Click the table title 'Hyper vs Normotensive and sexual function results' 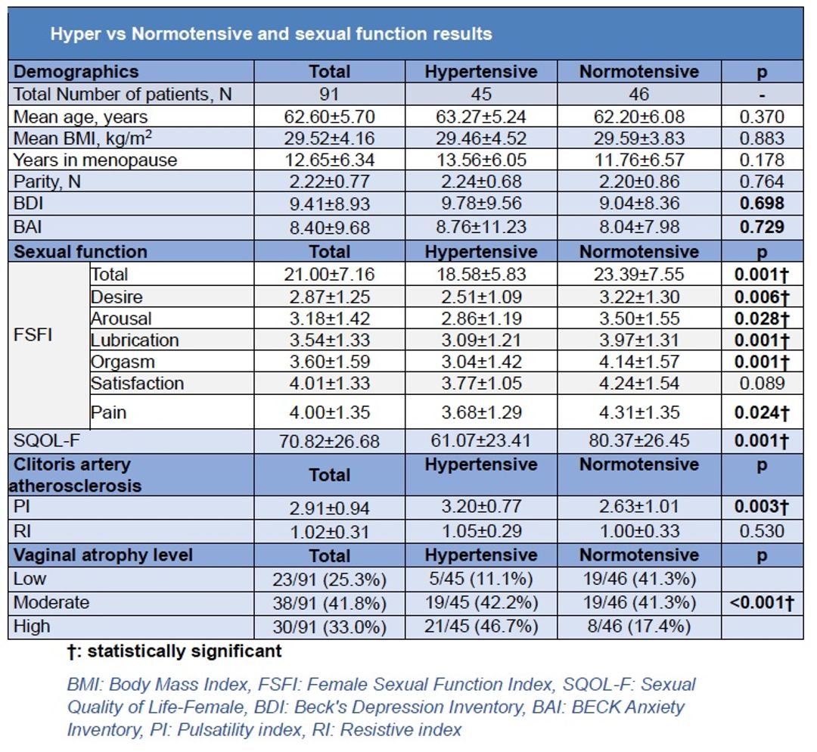pyautogui.click(x=271, y=34)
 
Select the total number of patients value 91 pyautogui.click(x=329, y=95)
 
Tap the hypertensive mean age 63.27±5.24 pyautogui.click(x=481, y=117)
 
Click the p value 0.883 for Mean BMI pyautogui.click(x=762, y=138)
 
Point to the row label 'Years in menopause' pyautogui.click(x=95, y=160)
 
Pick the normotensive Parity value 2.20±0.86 pyautogui.click(x=639, y=182)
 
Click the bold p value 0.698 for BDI pyautogui.click(x=762, y=204)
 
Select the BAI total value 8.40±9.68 pyautogui.click(x=329, y=228)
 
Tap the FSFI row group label pyautogui.click(x=33, y=334)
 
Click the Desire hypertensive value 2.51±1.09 pyautogui.click(x=481, y=297)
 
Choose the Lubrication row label pyautogui.click(x=135, y=340)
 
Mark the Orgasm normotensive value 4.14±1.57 pyautogui.click(x=639, y=362)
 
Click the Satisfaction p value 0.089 pyautogui.click(x=762, y=384)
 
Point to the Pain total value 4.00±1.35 pyautogui.click(x=329, y=412)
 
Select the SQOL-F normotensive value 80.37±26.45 pyautogui.click(x=639, y=441)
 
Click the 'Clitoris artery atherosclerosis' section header pyautogui.click(x=76, y=475)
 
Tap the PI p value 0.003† pyautogui.click(x=762, y=507)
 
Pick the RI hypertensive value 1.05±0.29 pyautogui.click(x=481, y=531)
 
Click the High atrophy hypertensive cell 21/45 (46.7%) pyautogui.click(x=481, y=626)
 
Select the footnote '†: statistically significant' pyautogui.click(x=175, y=651)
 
